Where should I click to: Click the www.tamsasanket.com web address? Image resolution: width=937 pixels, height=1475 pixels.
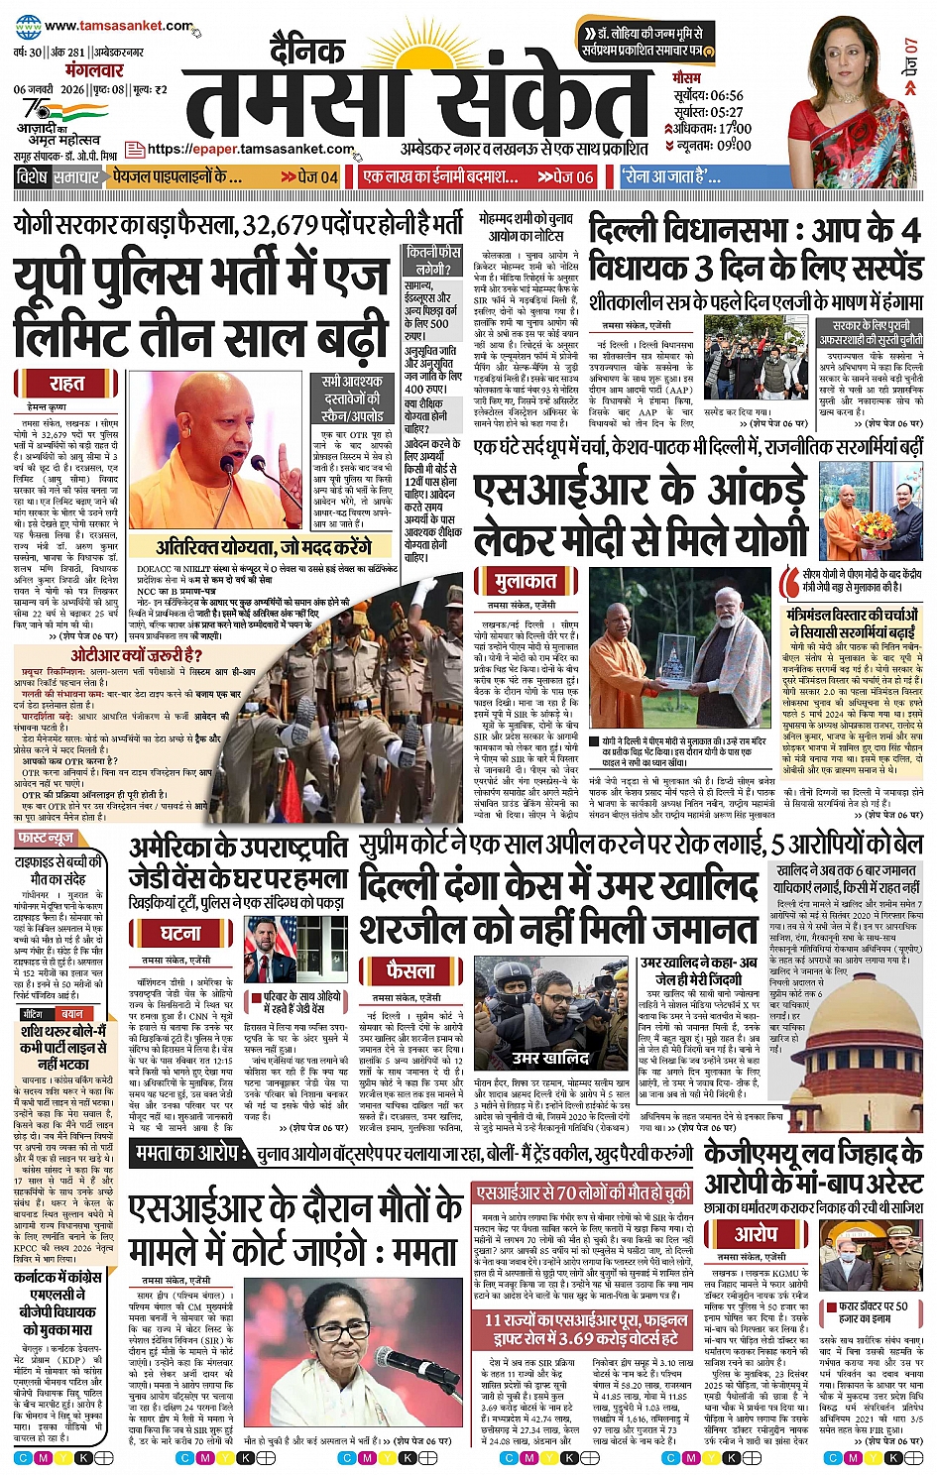pos(118,26)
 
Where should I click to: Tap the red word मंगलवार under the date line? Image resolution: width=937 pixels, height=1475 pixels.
pos(95,70)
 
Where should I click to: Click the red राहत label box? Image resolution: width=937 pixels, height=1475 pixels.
pos(66,384)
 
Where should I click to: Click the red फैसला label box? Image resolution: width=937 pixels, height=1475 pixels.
pos(410,970)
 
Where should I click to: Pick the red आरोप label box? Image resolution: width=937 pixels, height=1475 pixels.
pos(756,1234)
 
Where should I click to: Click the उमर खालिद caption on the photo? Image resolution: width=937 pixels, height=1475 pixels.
pos(550,1058)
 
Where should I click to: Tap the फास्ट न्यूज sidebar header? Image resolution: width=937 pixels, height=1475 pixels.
pos(46,839)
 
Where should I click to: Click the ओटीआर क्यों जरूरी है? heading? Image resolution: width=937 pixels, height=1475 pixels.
pos(136,655)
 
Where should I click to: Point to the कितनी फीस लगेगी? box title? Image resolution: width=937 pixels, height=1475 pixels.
pos(433,261)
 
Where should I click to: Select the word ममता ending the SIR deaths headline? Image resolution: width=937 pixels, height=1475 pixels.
pos(423,1252)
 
